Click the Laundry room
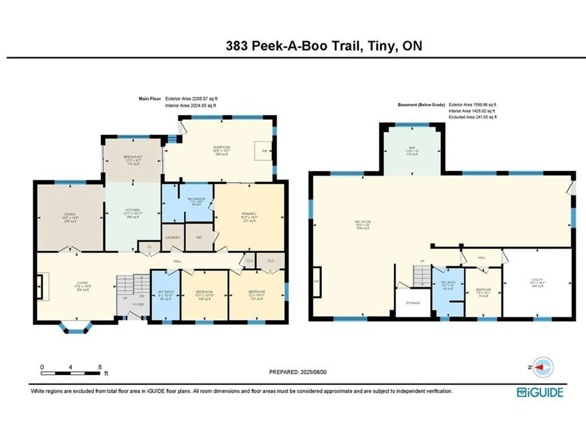(173, 237)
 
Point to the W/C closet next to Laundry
(199, 237)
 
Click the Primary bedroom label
(249, 217)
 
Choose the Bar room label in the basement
(412, 151)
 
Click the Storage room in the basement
(413, 303)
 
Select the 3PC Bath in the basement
(448, 285)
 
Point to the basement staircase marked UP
(422, 275)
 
